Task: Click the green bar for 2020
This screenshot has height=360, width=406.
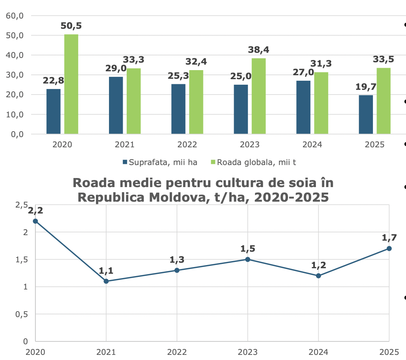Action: [x=71, y=84]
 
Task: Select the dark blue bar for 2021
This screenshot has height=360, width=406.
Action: [x=116, y=105]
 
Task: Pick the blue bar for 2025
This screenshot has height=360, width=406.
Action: [x=366, y=114]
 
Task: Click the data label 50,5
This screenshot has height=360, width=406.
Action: [x=71, y=26]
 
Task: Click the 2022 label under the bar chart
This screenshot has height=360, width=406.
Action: [x=187, y=145]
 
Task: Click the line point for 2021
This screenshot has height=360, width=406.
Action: [x=106, y=281]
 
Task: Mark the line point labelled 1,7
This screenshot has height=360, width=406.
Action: [x=389, y=249]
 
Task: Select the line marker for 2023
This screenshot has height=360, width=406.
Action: [x=247, y=259]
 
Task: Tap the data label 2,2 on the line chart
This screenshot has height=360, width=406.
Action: [x=35, y=210]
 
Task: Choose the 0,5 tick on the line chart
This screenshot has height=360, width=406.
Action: [x=22, y=314]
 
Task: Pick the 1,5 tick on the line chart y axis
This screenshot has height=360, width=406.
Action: [x=22, y=259]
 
